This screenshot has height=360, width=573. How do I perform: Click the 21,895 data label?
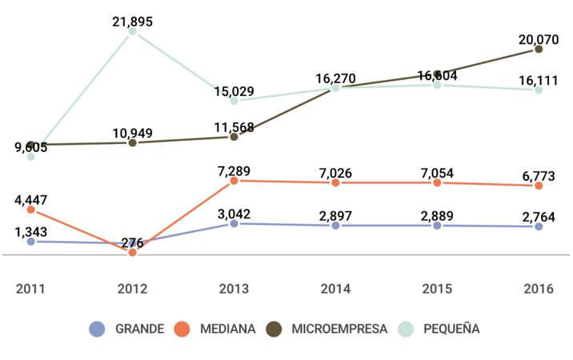pyautogui.click(x=132, y=22)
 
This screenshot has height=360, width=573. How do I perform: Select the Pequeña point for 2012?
pyautogui.click(x=132, y=32)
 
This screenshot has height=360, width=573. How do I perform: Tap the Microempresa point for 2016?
pyautogui.click(x=539, y=49)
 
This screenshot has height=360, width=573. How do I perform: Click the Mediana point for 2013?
pyautogui.click(x=234, y=181)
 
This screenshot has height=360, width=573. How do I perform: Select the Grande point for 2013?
pyautogui.click(x=234, y=224)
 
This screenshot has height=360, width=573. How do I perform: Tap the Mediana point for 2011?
pyautogui.click(x=30, y=210)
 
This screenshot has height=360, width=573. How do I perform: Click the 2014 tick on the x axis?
pyautogui.click(x=335, y=288)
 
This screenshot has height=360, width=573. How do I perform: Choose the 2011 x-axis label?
pyautogui.click(x=30, y=288)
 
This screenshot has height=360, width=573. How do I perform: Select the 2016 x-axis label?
pyautogui.click(x=539, y=288)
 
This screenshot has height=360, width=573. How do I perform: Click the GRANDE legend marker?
pyautogui.click(x=97, y=329)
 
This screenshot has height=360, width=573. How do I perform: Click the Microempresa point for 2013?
pyautogui.click(x=234, y=137)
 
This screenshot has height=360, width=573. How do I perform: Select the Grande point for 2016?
pyautogui.click(x=539, y=226)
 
